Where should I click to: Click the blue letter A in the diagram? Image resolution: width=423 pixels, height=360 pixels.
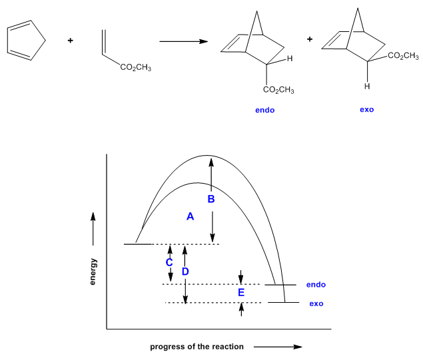point(190,216)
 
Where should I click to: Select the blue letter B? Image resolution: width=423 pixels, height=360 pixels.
point(211,199)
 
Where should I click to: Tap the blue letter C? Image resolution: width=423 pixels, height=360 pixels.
point(169,263)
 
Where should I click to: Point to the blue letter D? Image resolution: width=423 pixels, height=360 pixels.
point(186,271)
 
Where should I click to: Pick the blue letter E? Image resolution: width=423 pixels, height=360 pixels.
point(241,292)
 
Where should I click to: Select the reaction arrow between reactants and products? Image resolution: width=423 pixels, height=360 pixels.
point(183,42)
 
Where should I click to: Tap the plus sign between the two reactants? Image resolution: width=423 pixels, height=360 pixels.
point(71,41)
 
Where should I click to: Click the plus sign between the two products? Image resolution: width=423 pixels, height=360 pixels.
point(309,39)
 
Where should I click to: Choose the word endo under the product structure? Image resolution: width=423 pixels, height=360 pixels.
point(264,110)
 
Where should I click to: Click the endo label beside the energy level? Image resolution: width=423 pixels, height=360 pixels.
point(316,285)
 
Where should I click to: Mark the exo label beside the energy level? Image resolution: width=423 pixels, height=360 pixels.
point(316,303)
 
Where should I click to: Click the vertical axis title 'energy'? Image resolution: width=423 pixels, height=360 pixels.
point(93,271)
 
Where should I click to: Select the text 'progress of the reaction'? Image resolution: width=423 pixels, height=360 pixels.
point(197,347)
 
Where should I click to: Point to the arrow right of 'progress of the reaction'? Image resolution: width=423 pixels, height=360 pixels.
point(278,347)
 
